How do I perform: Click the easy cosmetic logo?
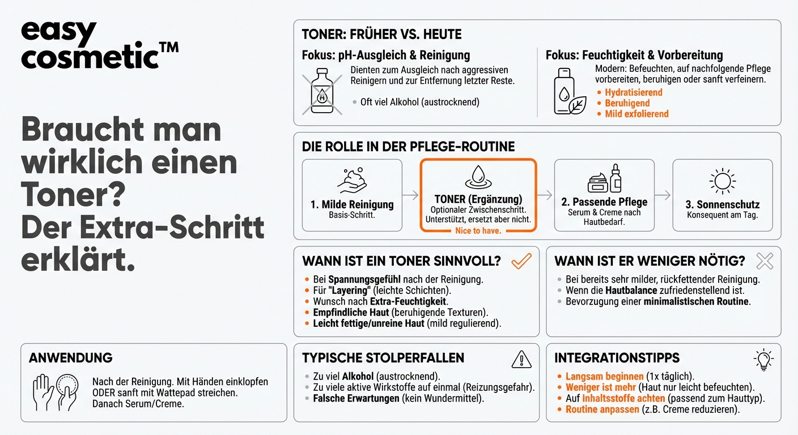coord(99,45)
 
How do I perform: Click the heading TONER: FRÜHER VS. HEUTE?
coord(381,34)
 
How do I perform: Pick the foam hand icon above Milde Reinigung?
coord(352,180)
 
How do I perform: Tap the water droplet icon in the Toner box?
coord(478,178)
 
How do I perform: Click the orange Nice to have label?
coord(478,231)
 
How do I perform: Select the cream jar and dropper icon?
coord(604,178)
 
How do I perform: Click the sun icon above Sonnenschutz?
coord(722,181)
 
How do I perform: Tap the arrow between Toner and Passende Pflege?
coord(545,195)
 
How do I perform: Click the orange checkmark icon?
coord(521,261)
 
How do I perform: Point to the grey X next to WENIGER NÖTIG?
coord(765,261)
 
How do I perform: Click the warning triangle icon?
coord(521,359)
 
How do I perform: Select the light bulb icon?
coord(763,360)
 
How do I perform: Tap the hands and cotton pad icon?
coord(54,391)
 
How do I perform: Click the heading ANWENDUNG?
coord(70,358)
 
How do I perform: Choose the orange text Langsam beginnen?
coord(605,377)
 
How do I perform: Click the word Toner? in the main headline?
coord(73,196)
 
